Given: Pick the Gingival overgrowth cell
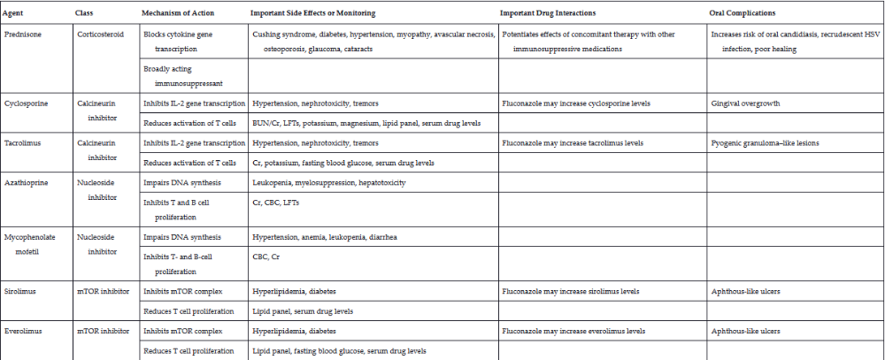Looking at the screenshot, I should click(x=745, y=103).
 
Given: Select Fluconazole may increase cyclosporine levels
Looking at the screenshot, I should click(x=576, y=103).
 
